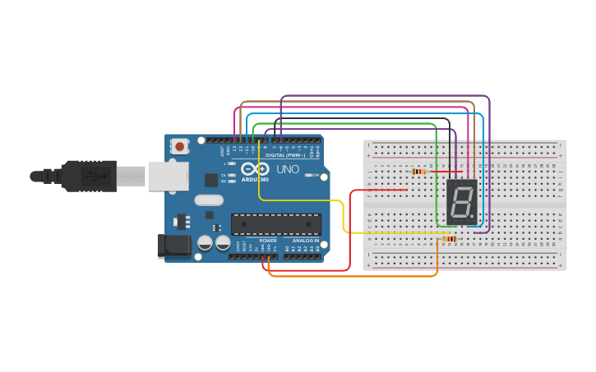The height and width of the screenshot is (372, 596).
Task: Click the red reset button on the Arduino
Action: [179, 146]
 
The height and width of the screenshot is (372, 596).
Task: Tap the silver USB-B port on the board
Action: [167, 176]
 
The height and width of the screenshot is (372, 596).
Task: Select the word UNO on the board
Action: [287, 169]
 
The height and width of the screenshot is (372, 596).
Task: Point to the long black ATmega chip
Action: [275, 223]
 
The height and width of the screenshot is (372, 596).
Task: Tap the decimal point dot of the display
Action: [474, 218]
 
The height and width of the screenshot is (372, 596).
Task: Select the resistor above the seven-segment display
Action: [418, 172]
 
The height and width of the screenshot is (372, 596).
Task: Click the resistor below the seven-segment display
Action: [449, 239]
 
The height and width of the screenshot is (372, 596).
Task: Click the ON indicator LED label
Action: [316, 175]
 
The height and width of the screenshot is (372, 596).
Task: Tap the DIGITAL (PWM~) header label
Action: [284, 155]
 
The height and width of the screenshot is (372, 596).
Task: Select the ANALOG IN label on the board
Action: [306, 241]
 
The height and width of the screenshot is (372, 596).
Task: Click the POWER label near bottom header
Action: [268, 241]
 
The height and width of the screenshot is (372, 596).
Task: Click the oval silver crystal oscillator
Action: [209, 200]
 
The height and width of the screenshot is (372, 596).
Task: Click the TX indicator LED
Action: [233, 174]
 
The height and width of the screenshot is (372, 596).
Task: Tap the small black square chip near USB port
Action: [211, 180]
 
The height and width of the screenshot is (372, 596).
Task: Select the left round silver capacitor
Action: [206, 243]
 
